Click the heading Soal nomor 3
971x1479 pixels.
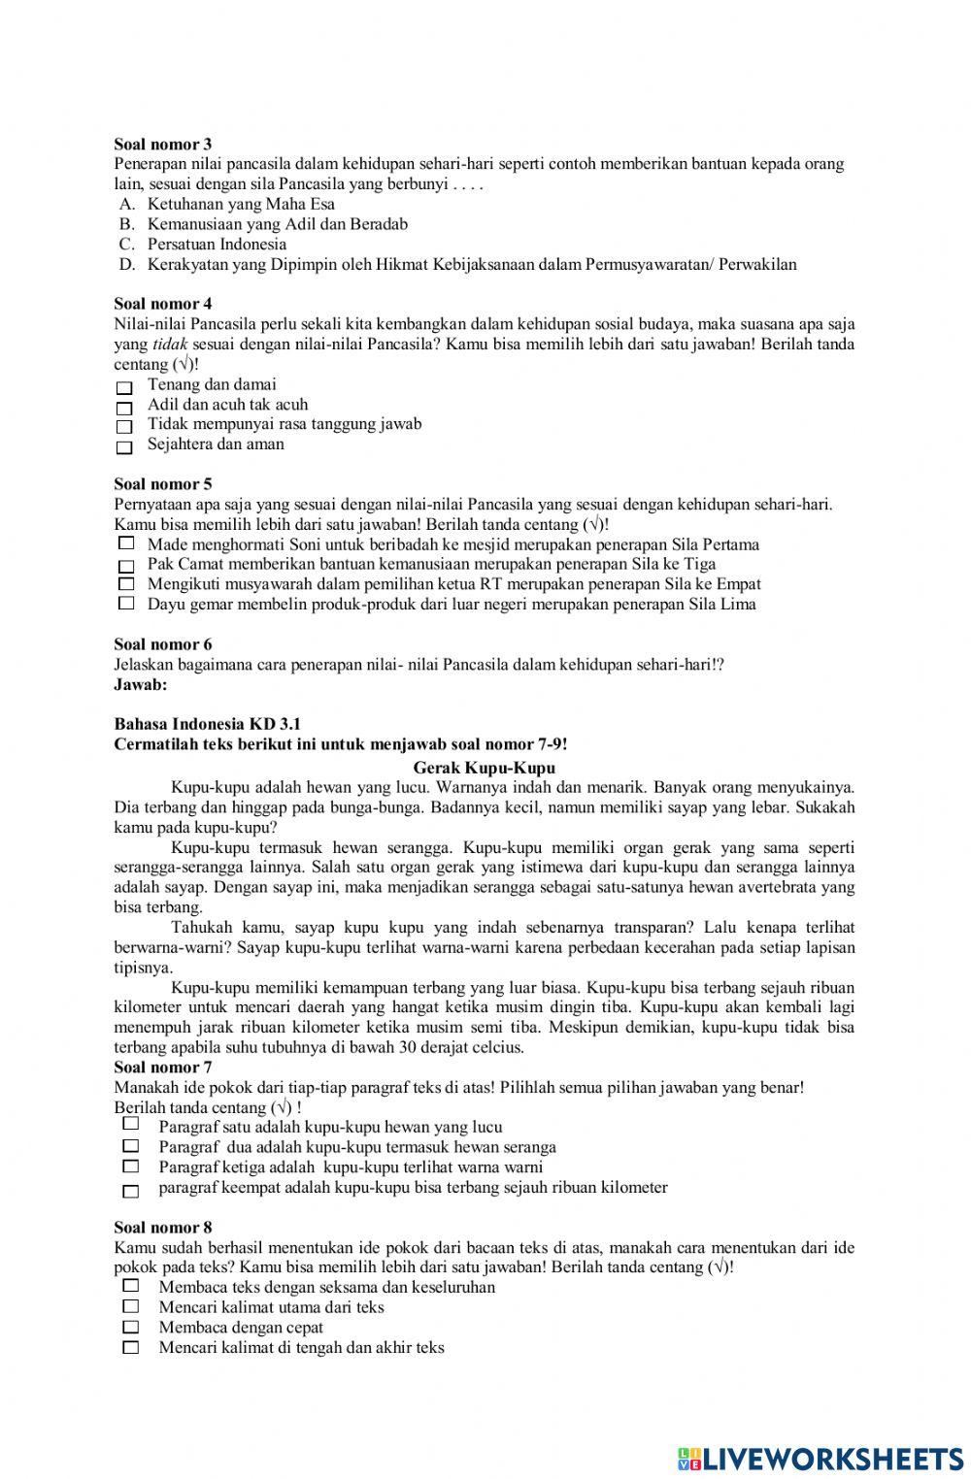pos(163,144)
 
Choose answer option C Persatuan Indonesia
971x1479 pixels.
pos(217,244)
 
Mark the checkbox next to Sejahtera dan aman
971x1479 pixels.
pos(124,448)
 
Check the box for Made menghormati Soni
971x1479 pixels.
pos(125,543)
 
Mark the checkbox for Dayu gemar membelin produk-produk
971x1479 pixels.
pos(125,604)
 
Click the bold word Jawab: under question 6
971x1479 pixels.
pos(141,684)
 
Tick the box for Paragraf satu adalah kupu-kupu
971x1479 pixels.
pos(131,1124)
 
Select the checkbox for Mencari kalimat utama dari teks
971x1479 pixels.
pos(131,1307)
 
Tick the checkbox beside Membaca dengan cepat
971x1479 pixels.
pos(131,1328)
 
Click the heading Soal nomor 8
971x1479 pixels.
pos(163,1228)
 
